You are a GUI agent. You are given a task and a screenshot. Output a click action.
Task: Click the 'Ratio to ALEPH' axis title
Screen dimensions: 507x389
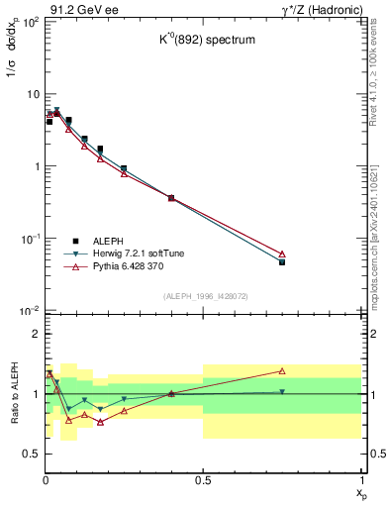[x=16, y=393]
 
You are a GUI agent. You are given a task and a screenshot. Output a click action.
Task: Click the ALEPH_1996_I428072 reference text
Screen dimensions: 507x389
[x=203, y=296]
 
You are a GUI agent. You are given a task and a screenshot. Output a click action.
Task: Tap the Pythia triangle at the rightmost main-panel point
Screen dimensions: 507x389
[x=282, y=254]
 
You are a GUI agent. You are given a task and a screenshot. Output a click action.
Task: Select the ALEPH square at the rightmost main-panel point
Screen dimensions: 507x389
[x=282, y=262]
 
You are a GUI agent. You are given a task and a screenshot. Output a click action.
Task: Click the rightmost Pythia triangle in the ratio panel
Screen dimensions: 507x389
[x=282, y=371]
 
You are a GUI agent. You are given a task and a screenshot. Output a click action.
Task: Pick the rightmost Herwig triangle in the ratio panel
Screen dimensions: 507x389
[x=282, y=392]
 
